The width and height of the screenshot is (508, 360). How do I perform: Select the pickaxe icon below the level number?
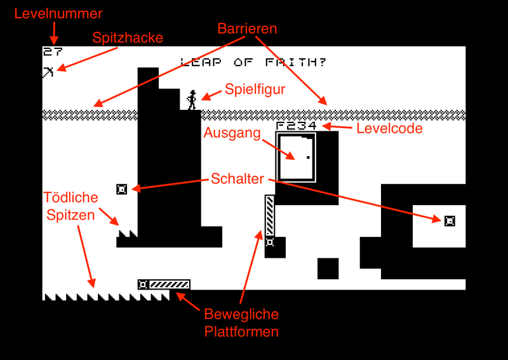[x=48, y=72]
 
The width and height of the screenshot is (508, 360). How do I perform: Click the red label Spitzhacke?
[x=128, y=37]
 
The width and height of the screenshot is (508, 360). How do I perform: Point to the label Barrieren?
[x=247, y=29]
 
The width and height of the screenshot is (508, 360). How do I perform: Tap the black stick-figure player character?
[x=192, y=100]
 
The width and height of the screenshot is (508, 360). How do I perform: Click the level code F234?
[x=297, y=126]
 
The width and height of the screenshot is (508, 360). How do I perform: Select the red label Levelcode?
[x=389, y=128]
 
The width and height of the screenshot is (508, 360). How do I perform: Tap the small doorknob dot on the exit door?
[x=309, y=157]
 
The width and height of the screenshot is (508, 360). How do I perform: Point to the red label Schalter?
[x=237, y=179]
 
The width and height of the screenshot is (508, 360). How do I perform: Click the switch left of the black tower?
[x=122, y=189]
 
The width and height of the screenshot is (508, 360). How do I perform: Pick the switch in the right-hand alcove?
[x=450, y=220]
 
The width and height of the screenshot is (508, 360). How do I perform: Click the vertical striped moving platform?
[x=270, y=216]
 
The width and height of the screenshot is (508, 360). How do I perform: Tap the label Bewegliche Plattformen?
[x=241, y=323]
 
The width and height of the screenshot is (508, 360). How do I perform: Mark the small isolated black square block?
[x=328, y=268]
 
